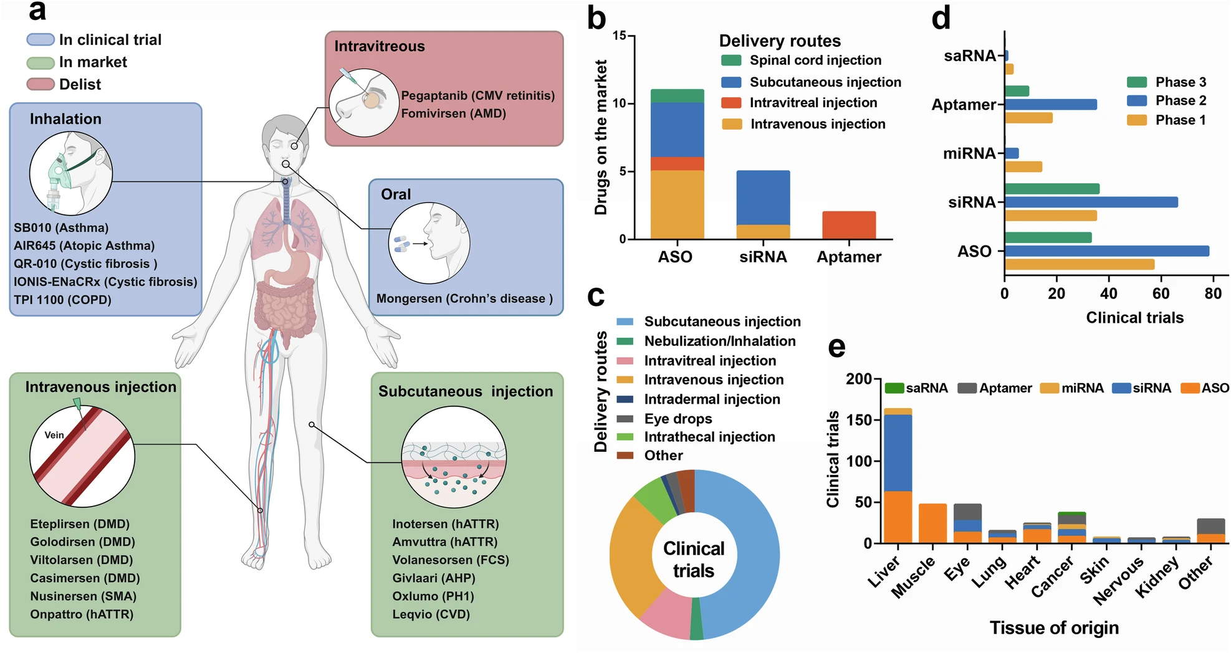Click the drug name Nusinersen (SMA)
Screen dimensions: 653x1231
pos(83,596)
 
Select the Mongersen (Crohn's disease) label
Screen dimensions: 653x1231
pos(464,299)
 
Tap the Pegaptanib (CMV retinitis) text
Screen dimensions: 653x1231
pos(477,96)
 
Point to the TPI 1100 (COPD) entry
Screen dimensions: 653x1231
pos(62,300)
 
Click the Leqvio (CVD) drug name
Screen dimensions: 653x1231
pos(431,614)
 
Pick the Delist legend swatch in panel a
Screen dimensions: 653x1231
pos(41,84)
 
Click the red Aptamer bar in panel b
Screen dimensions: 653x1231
pos(848,225)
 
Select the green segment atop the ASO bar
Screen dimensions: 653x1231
pos(677,96)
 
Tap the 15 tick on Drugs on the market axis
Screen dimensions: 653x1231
pos(620,36)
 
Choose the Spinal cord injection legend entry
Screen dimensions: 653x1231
pos(815,60)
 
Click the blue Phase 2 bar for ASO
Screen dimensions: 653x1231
pos(1106,251)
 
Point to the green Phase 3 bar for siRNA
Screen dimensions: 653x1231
pos(1051,189)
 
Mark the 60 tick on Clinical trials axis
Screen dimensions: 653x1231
pos(1161,293)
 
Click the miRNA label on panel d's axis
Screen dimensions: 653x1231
pos(969,153)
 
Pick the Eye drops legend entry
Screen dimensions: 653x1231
pos(678,419)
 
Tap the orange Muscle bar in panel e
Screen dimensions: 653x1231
pos(932,523)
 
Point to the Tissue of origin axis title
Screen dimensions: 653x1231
pos(1054,628)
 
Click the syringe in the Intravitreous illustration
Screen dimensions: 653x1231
pos(347,77)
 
